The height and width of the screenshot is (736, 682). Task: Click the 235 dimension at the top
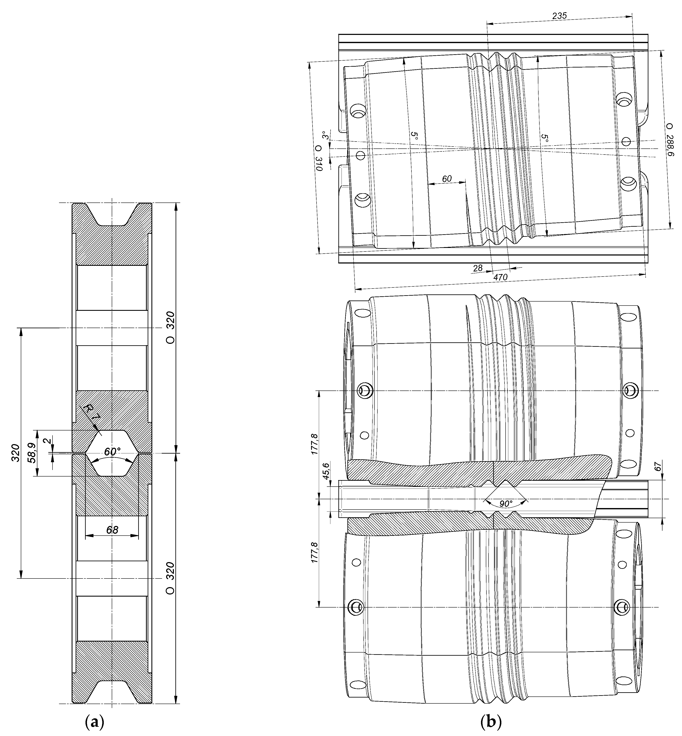[x=559, y=16]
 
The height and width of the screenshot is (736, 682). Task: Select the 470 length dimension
[x=501, y=277]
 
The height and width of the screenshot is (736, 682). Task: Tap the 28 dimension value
[x=478, y=268]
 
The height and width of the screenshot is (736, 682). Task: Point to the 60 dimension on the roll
[x=447, y=179]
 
